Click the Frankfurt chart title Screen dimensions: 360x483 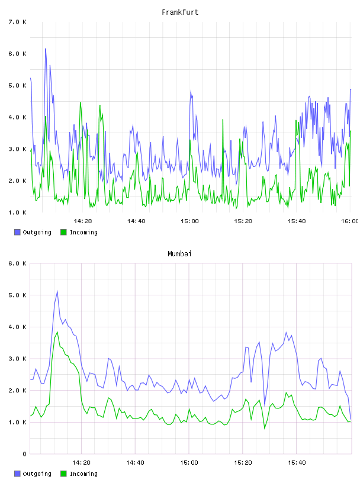[180, 12]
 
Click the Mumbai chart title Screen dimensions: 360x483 [179, 254]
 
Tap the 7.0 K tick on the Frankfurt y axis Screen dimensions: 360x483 [17, 22]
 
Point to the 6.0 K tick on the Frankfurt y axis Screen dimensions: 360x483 [17, 54]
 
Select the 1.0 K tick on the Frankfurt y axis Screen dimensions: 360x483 [17, 212]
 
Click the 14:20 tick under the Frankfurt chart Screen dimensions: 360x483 [83, 221]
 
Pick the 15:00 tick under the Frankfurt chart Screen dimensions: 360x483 [189, 221]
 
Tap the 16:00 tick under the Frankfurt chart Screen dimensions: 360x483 [349, 221]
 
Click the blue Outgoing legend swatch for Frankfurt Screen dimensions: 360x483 [17, 232]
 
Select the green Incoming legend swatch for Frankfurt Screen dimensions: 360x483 [63, 232]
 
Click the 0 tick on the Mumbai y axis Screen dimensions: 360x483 [24, 454]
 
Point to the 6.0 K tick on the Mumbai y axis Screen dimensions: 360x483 [17, 263]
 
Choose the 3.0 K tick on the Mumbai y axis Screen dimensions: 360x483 [17, 359]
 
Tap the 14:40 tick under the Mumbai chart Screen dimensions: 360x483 [135, 463]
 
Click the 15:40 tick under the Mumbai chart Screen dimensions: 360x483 [297, 463]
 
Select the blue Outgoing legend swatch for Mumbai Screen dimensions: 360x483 [17, 474]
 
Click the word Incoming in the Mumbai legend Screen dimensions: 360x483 [83, 474]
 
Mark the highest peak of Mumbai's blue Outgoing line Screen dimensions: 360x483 [57, 291]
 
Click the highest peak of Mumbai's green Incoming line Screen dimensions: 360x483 [57, 332]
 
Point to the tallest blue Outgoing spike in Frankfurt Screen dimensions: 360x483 [46, 49]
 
